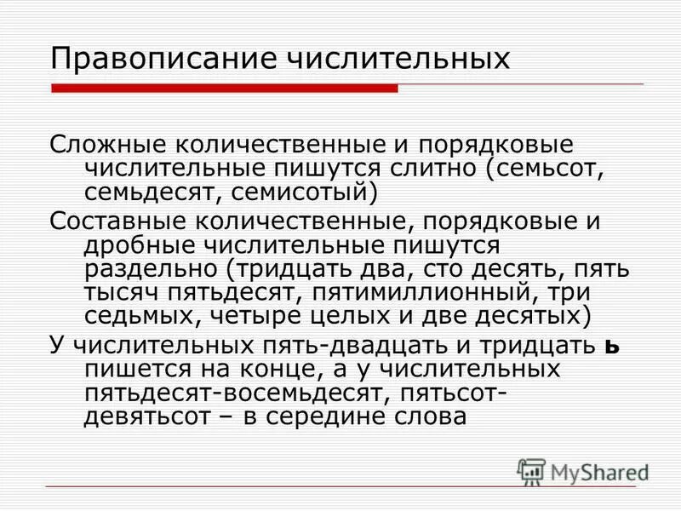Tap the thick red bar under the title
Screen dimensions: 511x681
(x=224, y=88)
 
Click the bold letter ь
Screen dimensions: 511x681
(x=585, y=348)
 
